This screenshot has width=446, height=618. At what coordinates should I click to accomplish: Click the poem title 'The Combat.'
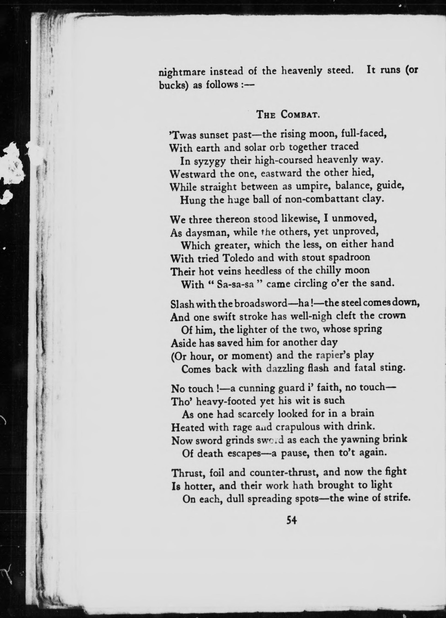tap(288, 115)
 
